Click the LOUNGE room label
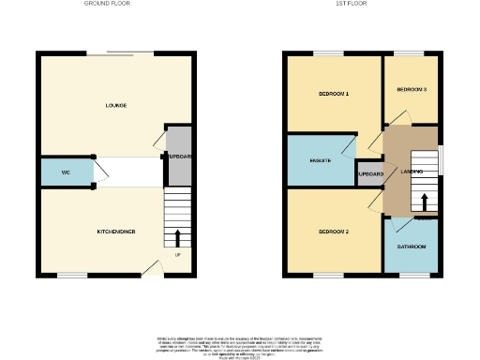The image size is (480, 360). (116, 105)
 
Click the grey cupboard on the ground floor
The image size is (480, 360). (179, 156)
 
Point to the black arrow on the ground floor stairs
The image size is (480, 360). (179, 234)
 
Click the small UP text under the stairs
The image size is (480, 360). (178, 255)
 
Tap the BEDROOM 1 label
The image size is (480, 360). (334, 94)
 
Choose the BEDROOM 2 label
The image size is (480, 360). (334, 231)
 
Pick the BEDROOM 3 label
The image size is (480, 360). (412, 90)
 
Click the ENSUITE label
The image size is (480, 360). (321, 161)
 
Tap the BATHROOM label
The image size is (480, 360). (412, 247)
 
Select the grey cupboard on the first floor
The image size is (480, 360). (369, 174)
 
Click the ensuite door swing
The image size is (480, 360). (350, 146)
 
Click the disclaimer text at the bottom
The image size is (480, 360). (239, 343)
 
